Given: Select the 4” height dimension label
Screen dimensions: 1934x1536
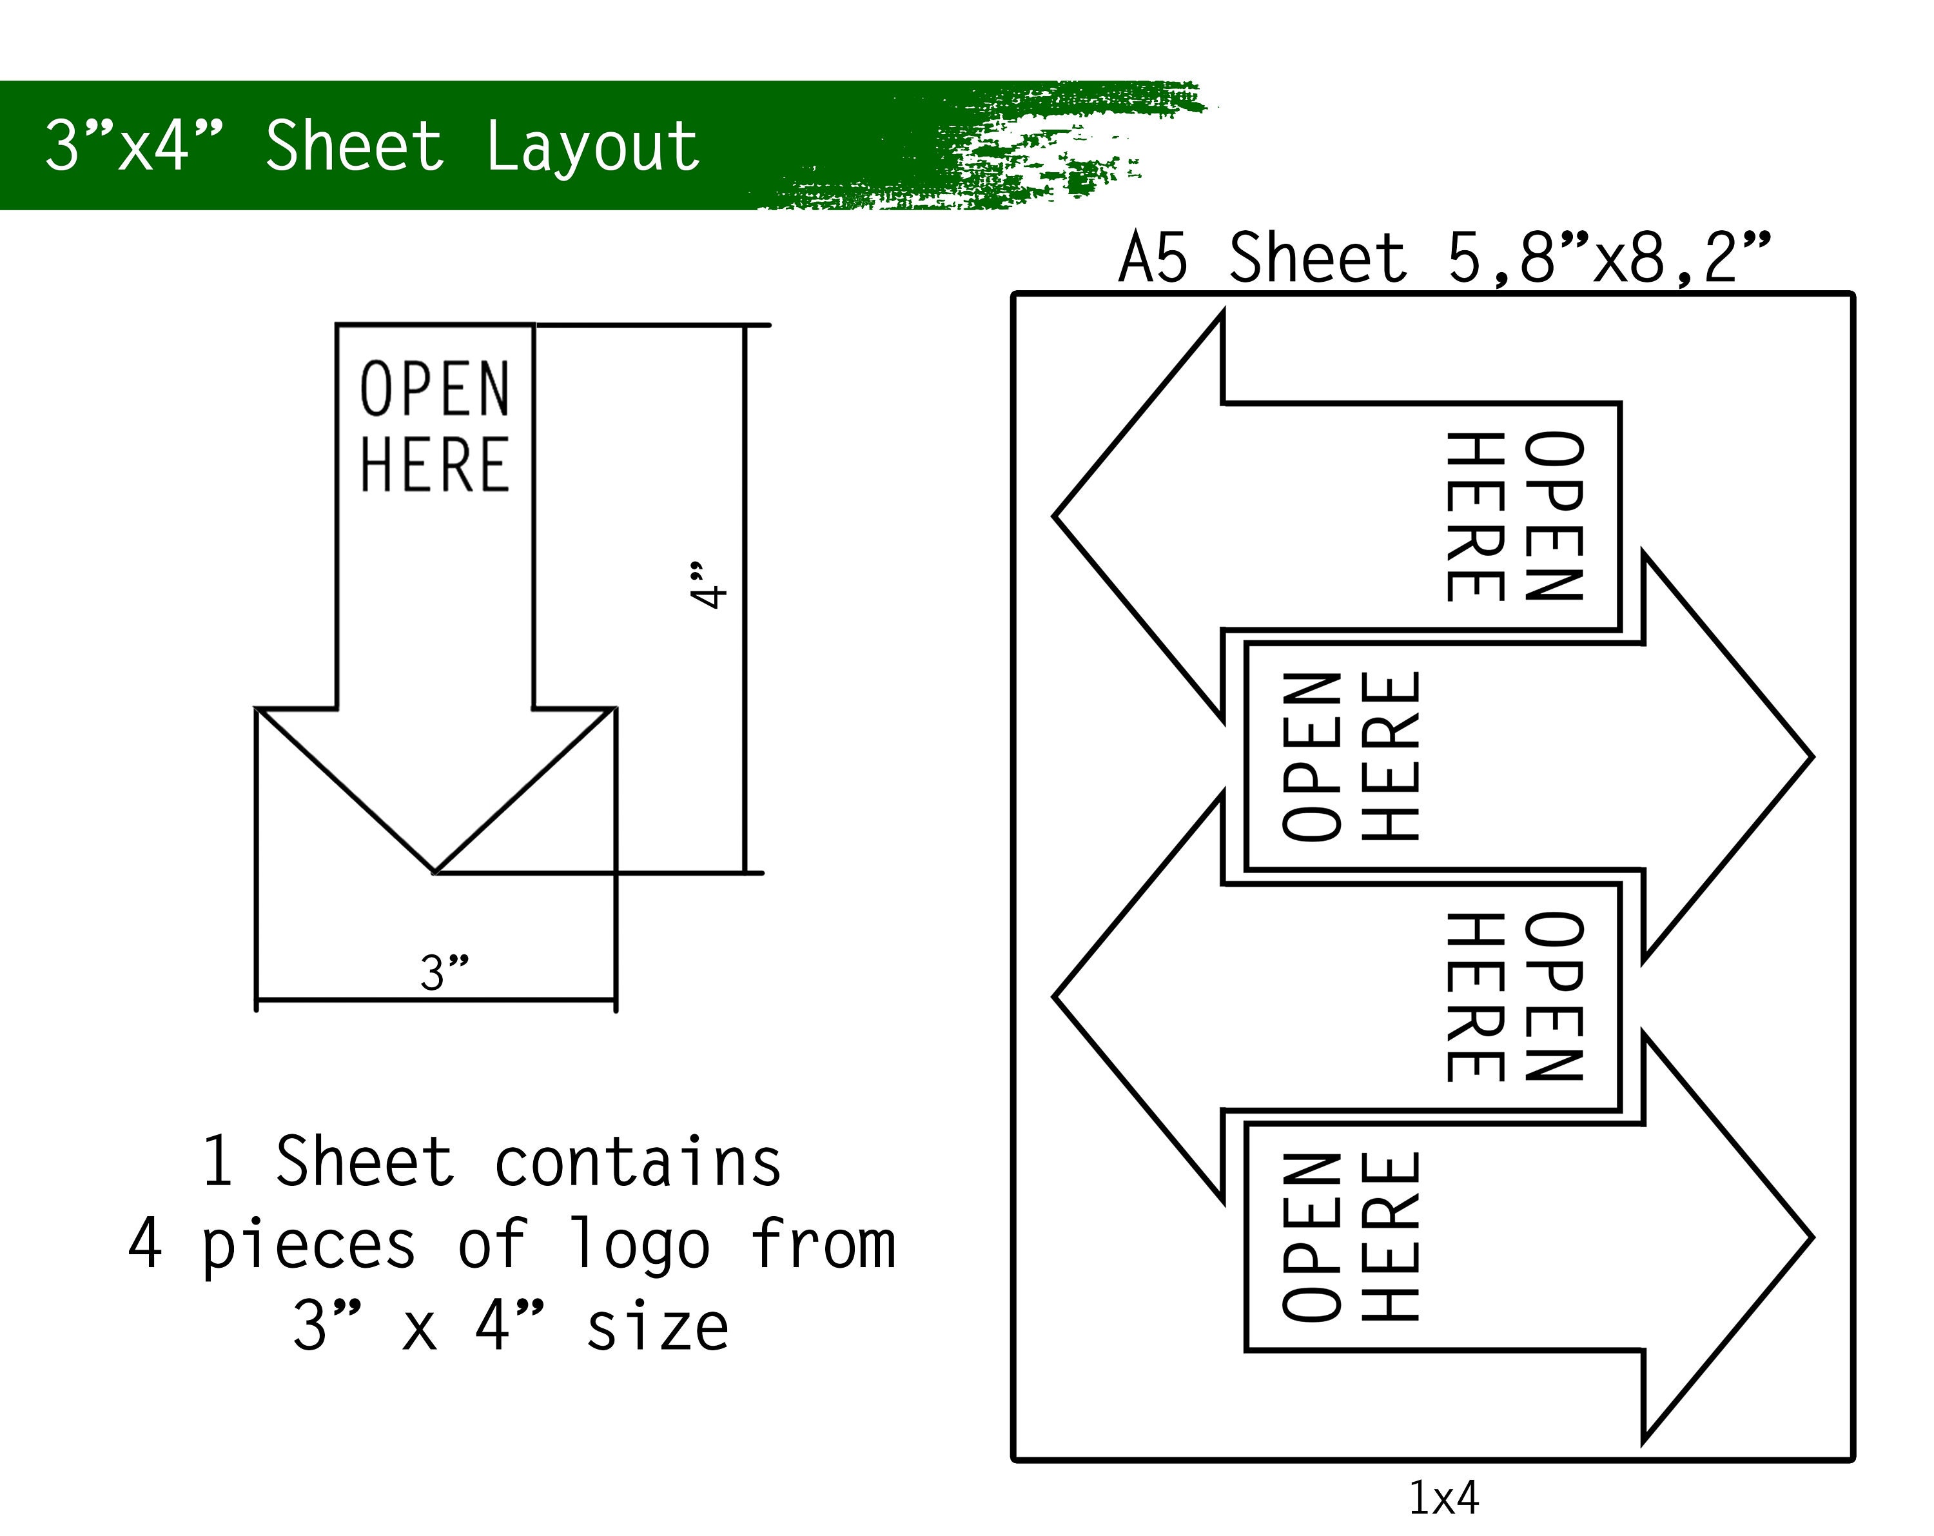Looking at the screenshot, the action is tap(708, 586).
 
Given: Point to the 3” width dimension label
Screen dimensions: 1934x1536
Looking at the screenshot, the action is tap(444, 972).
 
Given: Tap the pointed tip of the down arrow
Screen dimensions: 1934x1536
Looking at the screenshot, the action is tap(435, 871).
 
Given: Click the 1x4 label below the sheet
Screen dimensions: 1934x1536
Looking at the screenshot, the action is tap(1443, 1497).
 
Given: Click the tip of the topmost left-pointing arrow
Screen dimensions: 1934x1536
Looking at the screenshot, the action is tap(1055, 516).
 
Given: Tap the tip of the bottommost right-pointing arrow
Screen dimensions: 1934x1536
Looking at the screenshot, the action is tap(1812, 1238).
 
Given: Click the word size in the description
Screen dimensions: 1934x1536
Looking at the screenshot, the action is tap(658, 1327).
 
